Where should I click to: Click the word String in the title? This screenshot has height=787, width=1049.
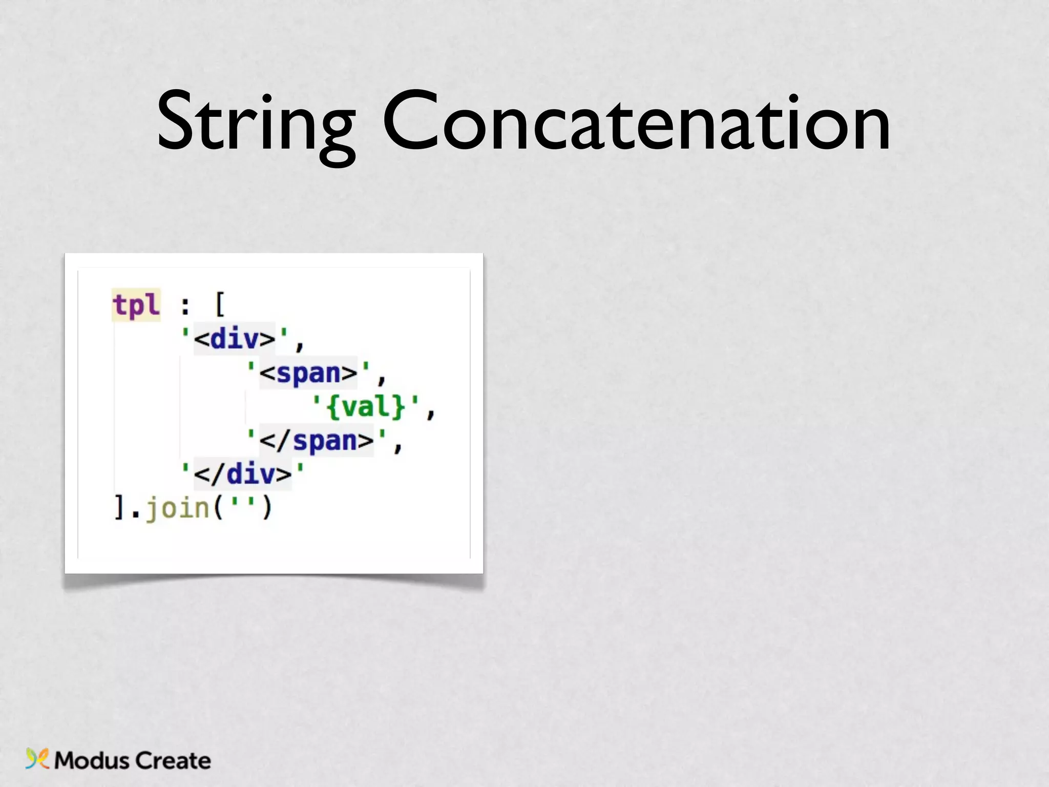click(256, 123)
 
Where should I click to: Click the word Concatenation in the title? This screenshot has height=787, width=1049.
click(636, 123)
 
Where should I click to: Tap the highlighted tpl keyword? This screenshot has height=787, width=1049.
click(136, 305)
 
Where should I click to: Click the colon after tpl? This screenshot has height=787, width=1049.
click(185, 306)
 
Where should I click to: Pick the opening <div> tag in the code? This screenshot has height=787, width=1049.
click(235, 339)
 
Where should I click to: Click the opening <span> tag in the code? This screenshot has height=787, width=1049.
click(308, 373)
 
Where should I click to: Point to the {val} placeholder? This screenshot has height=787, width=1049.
click(366, 407)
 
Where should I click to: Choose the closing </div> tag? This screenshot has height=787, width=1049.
click(243, 474)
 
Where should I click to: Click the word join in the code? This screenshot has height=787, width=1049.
click(177, 508)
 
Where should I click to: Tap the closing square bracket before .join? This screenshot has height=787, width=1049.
click(119, 508)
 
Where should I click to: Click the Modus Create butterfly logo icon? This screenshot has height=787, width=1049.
click(37, 759)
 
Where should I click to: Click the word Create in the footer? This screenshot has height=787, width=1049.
click(173, 760)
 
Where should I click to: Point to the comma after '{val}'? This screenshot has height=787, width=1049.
click(431, 412)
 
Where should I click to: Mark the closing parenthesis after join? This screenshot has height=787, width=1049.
click(267, 508)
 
